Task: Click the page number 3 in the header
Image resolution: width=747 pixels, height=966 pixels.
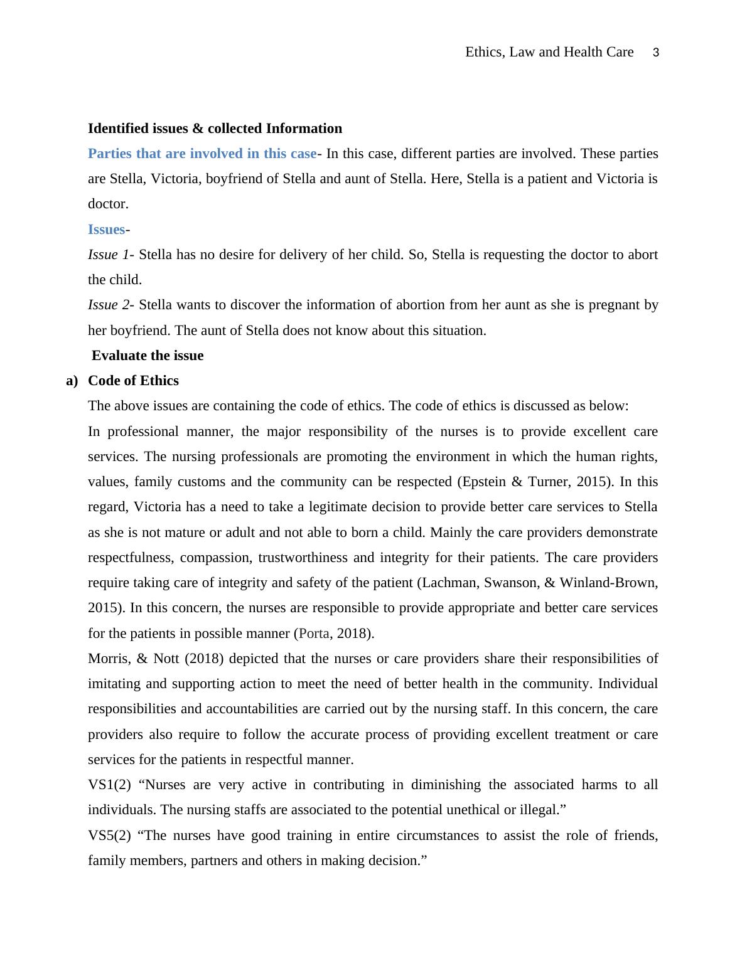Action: point(656,53)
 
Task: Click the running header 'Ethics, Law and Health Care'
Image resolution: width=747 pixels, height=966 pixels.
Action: point(549,52)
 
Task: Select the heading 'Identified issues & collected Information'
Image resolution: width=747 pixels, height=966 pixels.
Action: point(215,129)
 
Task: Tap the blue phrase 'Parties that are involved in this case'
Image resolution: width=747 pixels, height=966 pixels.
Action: point(202,154)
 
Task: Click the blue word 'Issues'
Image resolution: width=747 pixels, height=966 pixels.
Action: point(106,230)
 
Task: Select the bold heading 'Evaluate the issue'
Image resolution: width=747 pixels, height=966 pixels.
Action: point(148,356)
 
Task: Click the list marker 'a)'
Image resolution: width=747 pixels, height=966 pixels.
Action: point(72,381)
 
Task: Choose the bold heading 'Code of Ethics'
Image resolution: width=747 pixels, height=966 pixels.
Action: point(133,381)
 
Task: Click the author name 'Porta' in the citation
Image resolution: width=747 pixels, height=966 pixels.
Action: point(314,634)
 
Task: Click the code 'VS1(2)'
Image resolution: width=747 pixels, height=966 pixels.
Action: point(109,785)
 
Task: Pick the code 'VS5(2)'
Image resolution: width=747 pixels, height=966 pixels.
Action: point(109,836)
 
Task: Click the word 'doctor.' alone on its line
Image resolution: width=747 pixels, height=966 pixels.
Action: point(108,204)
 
